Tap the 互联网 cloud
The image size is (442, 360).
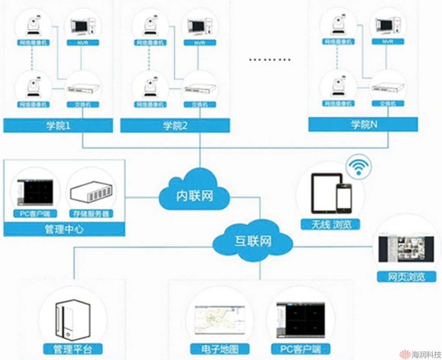pos(253,241)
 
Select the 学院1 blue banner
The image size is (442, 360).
pos(58,125)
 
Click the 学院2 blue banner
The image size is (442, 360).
pos(175,125)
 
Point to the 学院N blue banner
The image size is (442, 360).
pos(363,124)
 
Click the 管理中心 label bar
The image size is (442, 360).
pos(64,229)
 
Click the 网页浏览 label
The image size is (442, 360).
pos(406,277)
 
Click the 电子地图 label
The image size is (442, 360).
pos(220,349)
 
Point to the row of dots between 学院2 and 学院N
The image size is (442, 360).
pos(270,59)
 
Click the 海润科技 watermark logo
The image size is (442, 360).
pos(419,353)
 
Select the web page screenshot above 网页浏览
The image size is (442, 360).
pos(406,249)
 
